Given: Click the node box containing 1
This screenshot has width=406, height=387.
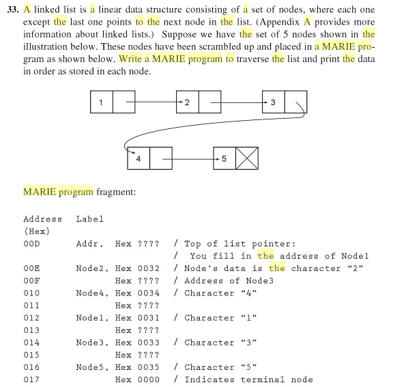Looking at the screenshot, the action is point(101,104).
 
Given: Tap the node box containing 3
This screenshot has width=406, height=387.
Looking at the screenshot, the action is point(273,104).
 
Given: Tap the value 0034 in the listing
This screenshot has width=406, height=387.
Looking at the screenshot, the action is point(148,293).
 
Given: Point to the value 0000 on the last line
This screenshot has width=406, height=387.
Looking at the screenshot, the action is point(148,379).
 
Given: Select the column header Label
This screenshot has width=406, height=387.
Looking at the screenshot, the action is point(89,219).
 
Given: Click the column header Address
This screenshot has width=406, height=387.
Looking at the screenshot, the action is point(42,219).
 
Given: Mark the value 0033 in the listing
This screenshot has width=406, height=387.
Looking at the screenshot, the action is point(148,343).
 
